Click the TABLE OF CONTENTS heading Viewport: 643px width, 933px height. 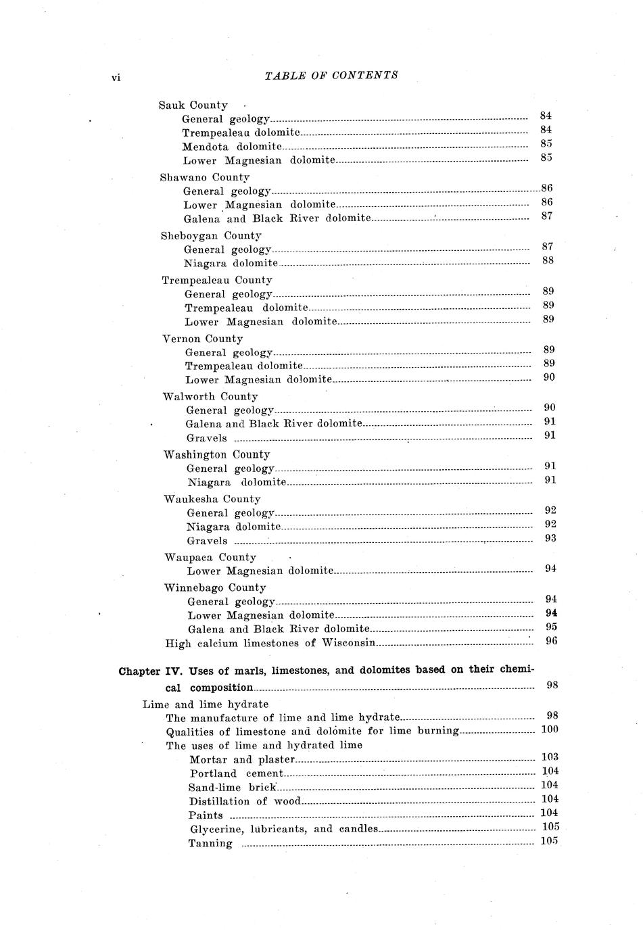coord(331,76)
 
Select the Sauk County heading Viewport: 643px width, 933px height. coord(193,105)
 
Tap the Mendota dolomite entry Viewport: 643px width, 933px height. coord(231,147)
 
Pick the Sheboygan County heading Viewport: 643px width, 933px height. coord(210,236)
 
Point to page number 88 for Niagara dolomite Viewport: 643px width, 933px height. coord(548,260)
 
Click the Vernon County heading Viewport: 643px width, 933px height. coord(202,339)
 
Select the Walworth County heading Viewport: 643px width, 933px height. coord(210,397)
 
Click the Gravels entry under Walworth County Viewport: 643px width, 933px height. coord(206,438)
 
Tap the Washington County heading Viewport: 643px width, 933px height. coord(216,455)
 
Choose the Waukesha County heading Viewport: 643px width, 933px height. coord(212,499)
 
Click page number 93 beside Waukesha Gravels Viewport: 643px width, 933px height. coord(550,538)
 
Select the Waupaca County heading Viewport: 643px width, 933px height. coord(210,558)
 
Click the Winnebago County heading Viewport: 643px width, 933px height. coord(214,588)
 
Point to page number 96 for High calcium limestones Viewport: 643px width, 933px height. coord(551,641)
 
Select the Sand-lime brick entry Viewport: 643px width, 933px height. coord(233,788)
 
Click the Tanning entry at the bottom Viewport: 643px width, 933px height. coord(210,844)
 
